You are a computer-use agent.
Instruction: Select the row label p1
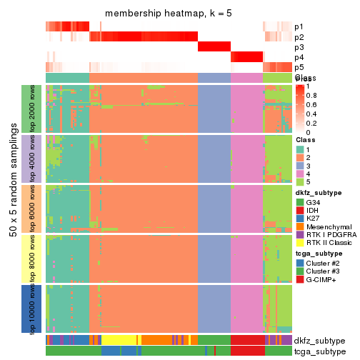click(299, 26)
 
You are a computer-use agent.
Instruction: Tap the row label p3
click(299, 47)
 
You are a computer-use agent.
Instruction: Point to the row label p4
click(299, 57)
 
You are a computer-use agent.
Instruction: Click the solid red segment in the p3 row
click(214, 47)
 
